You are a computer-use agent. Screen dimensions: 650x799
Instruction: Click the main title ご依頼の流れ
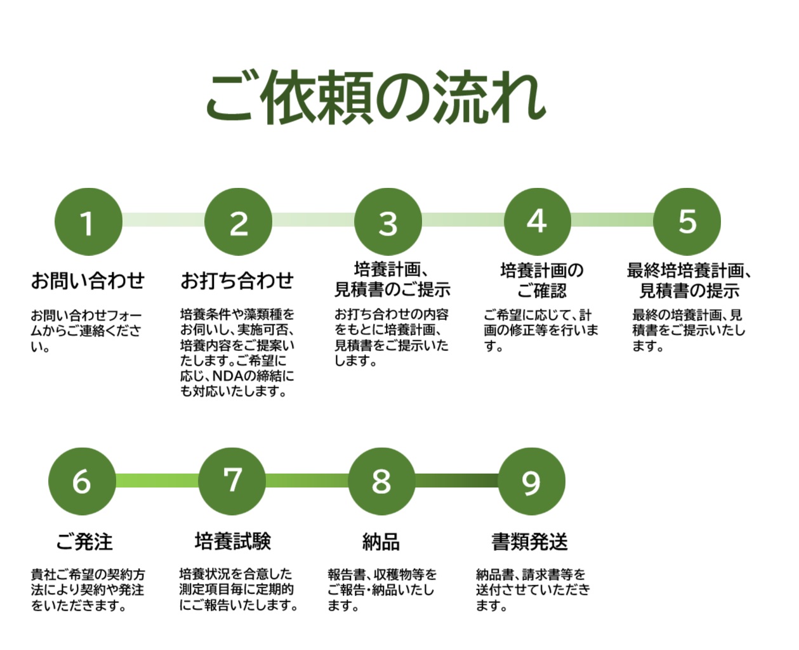tap(376, 98)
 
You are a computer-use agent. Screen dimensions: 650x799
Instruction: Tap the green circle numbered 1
tap(88, 222)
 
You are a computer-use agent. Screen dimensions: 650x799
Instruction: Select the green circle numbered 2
tap(238, 222)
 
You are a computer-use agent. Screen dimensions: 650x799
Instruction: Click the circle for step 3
tap(388, 222)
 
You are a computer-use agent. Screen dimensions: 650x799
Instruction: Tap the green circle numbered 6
tap(82, 481)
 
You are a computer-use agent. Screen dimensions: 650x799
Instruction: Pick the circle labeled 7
tap(232, 481)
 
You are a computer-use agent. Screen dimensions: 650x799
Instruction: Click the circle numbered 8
tap(381, 481)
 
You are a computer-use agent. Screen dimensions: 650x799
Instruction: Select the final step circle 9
tap(531, 481)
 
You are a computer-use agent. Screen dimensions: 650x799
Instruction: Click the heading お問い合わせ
tap(88, 281)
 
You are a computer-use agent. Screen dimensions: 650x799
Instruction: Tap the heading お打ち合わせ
tap(237, 281)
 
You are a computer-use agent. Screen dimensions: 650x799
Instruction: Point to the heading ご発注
tap(84, 541)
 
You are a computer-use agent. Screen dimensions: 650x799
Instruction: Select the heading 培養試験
tap(233, 541)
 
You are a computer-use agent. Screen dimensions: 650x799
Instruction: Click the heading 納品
tap(381, 541)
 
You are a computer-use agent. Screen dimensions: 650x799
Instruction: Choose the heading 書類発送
tap(530, 541)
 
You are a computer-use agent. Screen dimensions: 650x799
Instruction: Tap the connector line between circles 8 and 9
tap(456, 481)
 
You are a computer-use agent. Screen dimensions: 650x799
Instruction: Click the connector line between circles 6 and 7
tap(157, 481)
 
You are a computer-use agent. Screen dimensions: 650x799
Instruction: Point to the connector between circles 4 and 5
tap(612, 221)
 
